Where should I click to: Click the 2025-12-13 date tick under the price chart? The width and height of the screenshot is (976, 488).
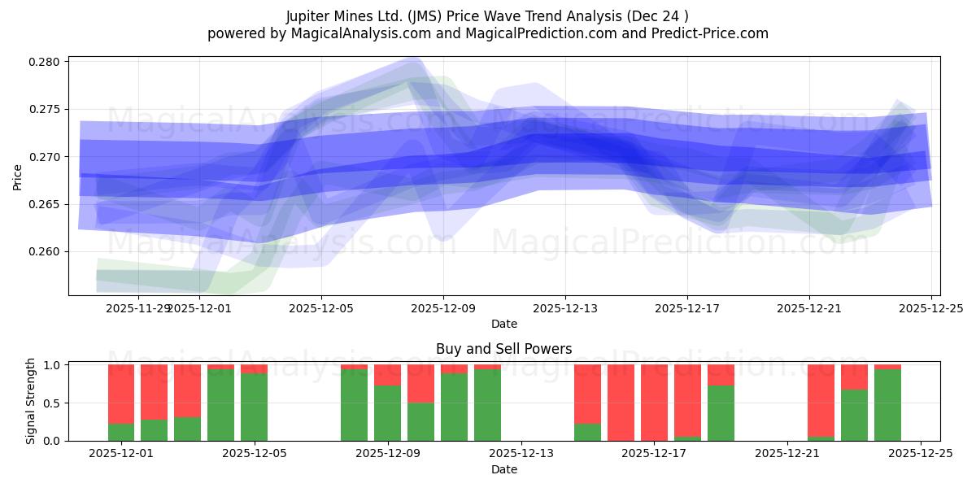pyautogui.click(x=565, y=309)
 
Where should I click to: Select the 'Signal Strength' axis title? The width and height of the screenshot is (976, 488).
pyautogui.click(x=31, y=402)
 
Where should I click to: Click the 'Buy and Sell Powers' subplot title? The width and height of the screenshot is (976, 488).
pyautogui.click(x=503, y=349)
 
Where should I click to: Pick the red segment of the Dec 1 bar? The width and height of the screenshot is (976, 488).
pyautogui.click(x=121, y=394)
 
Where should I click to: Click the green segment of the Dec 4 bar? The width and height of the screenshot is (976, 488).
pyautogui.click(x=220, y=405)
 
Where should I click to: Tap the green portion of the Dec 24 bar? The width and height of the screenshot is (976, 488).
pyautogui.click(x=887, y=405)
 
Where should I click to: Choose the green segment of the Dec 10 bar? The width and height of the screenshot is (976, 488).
pyautogui.click(x=420, y=421)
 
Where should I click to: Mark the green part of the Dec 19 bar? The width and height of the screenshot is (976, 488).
pyautogui.click(x=721, y=413)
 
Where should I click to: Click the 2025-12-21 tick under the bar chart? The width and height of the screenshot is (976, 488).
pyautogui.click(x=787, y=454)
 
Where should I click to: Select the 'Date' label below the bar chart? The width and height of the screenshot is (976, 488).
pyautogui.click(x=503, y=469)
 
